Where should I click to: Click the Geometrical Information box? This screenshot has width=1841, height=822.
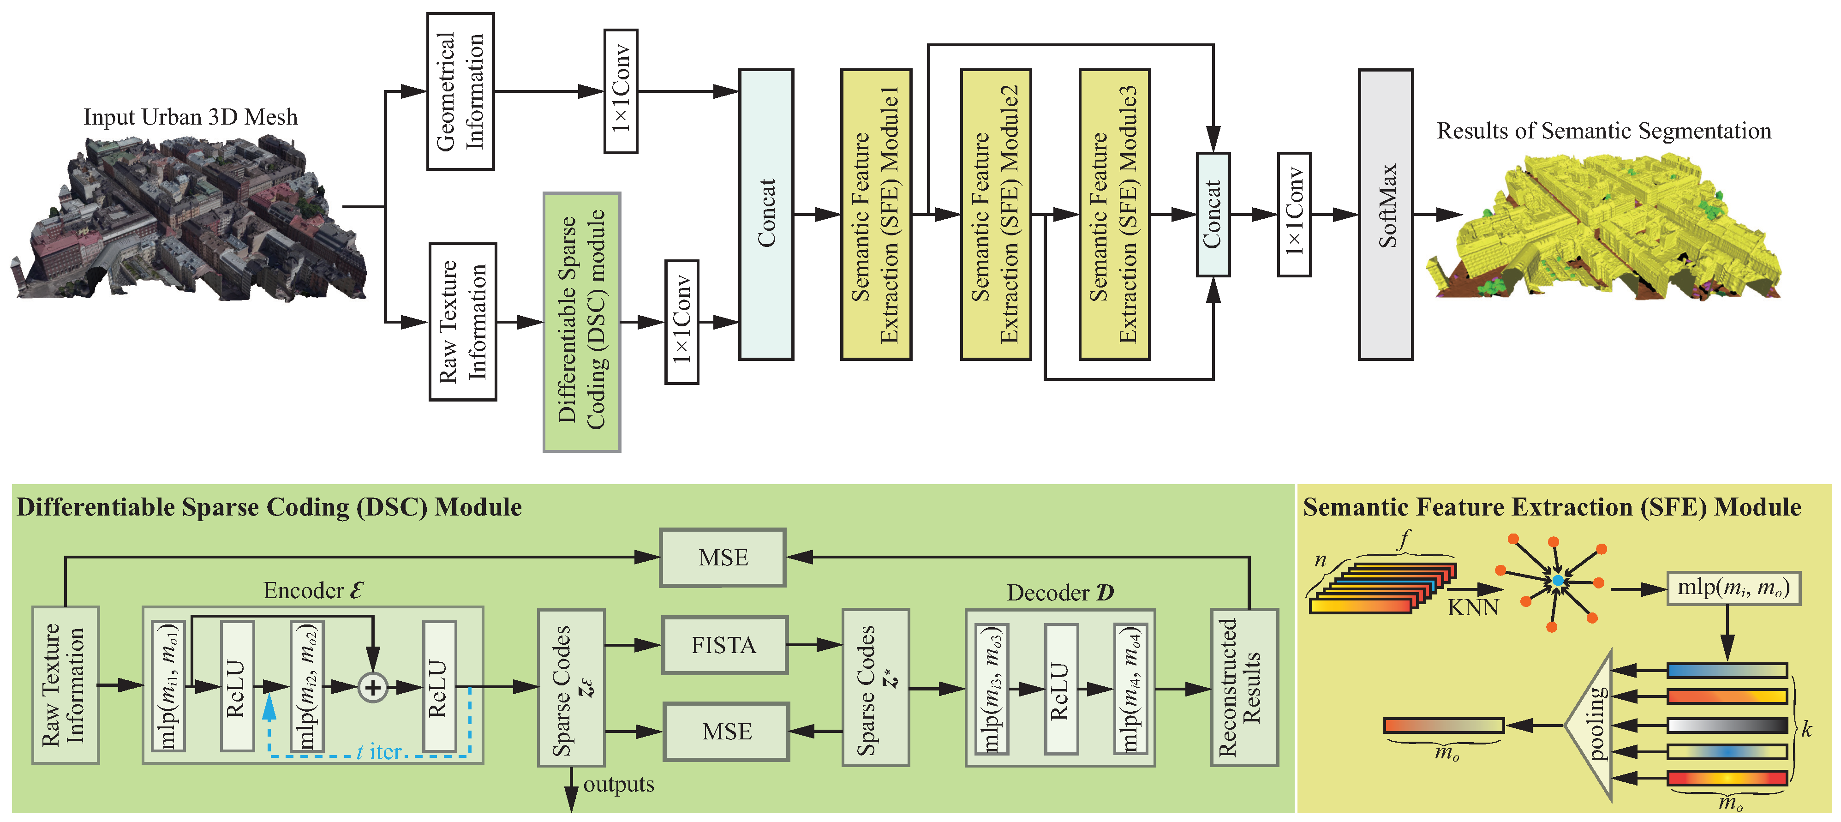[x=460, y=91]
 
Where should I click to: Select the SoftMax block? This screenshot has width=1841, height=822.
[x=1385, y=215]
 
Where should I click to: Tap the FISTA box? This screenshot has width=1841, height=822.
[x=724, y=645]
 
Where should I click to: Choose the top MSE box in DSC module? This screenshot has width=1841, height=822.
[x=723, y=558]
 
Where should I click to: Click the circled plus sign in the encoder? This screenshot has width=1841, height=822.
[x=372, y=688]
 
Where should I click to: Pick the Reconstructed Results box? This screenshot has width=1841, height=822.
[x=1243, y=688]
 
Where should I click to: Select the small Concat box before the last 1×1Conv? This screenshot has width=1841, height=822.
[x=1213, y=215]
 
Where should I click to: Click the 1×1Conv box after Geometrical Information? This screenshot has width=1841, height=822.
[x=620, y=91]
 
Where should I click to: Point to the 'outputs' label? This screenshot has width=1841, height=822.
[x=618, y=784]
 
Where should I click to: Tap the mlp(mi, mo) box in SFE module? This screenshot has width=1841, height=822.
[x=1733, y=588]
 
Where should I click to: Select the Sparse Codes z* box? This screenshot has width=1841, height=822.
[x=875, y=688]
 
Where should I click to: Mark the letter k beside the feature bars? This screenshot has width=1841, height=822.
[x=1807, y=729]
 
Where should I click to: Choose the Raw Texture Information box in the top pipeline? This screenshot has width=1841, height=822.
[x=462, y=322]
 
